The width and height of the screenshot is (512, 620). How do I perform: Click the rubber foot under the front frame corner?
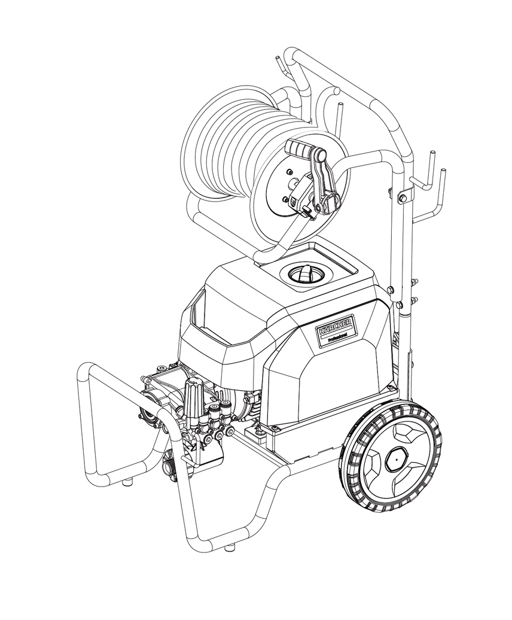(230, 548)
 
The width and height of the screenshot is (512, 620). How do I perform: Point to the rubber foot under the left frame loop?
(127, 482)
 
